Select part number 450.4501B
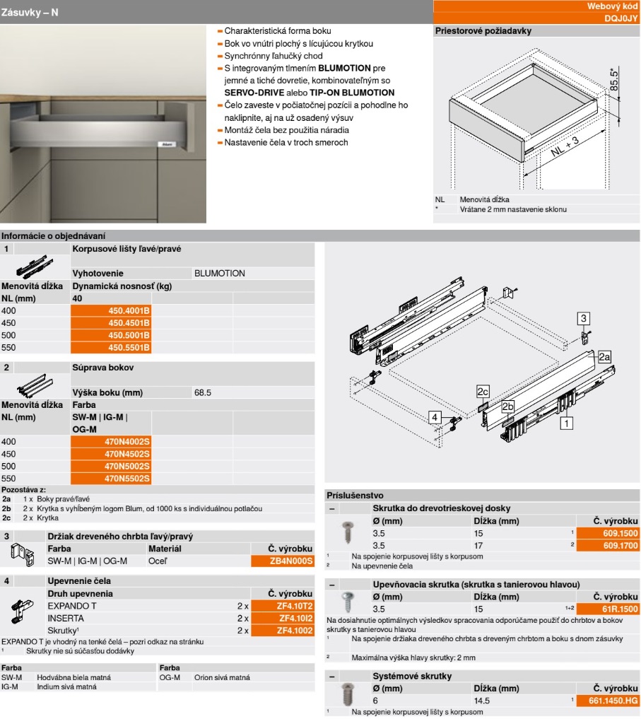[112, 322]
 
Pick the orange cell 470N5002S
[112, 467]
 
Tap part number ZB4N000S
[282, 561]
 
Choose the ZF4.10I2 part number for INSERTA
[282, 618]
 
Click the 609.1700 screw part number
[607, 546]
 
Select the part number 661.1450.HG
[607, 701]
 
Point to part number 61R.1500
[607, 609]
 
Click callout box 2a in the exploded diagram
[604, 357]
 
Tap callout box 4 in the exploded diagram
[435, 417]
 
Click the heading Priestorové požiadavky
[483, 31]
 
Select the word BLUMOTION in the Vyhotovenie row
[219, 273]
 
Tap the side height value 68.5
[204, 392]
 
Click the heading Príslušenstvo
[355, 496]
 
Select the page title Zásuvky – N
[30, 12]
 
